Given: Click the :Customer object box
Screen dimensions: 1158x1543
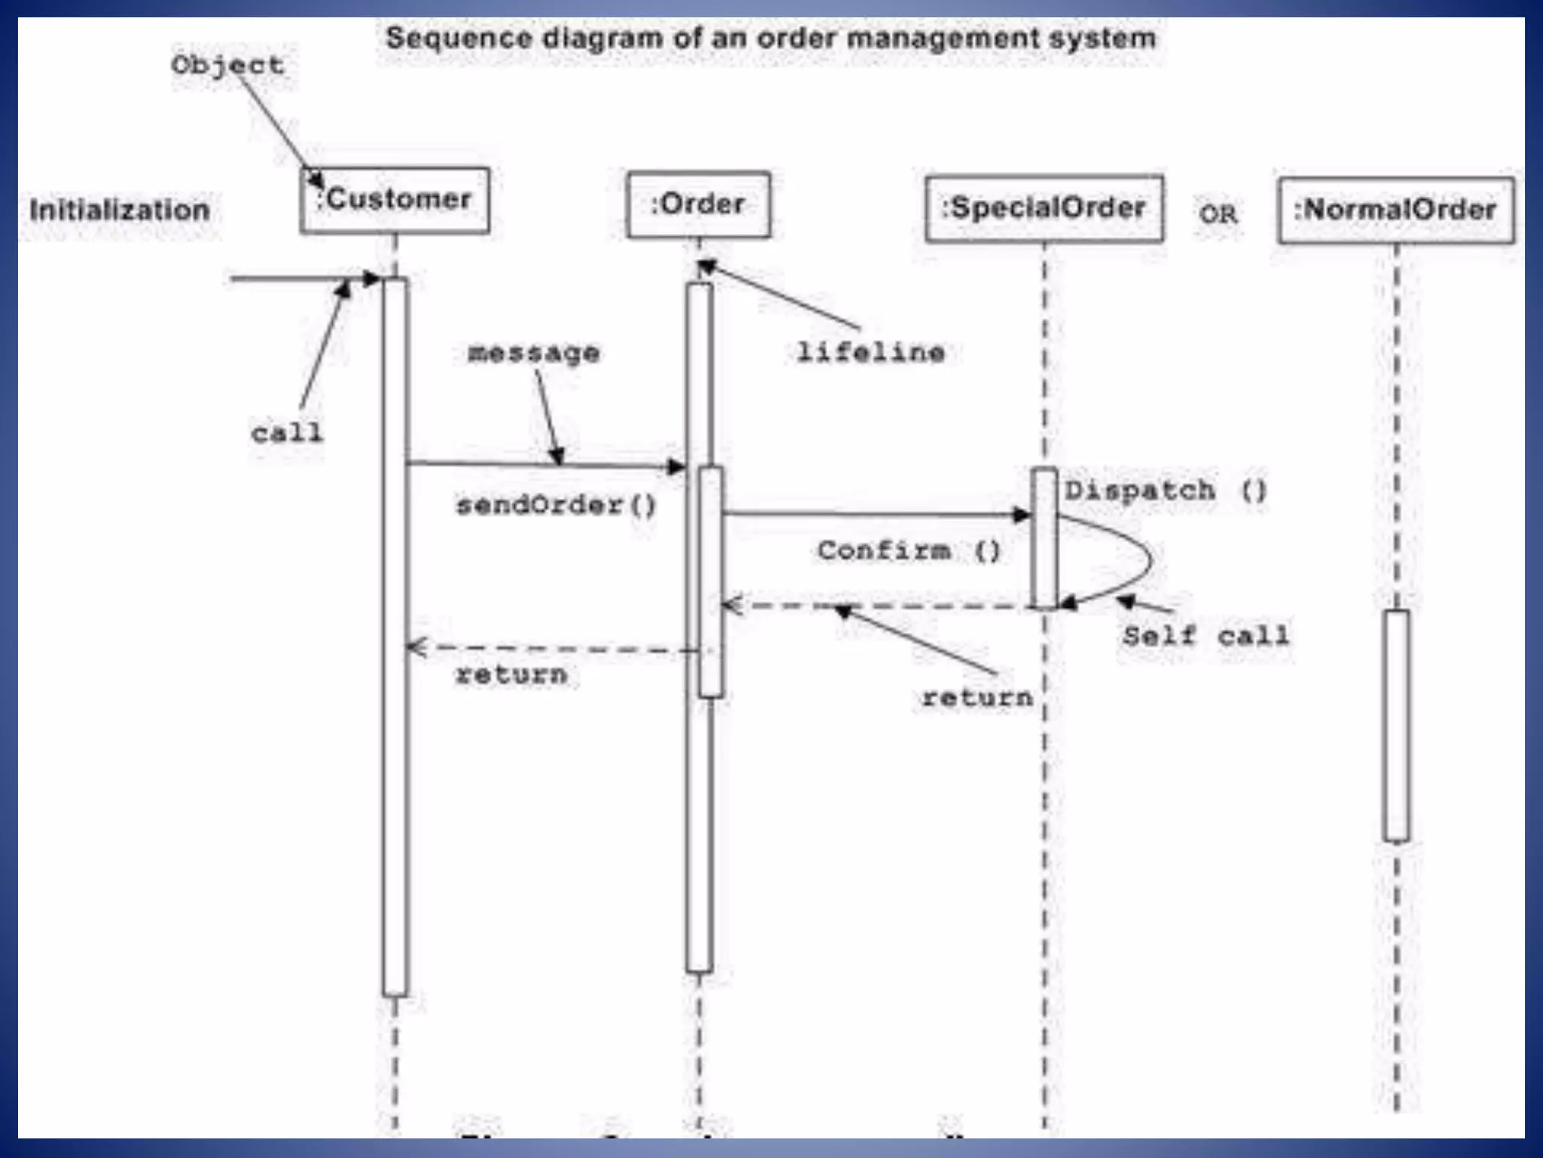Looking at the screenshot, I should click(x=395, y=200).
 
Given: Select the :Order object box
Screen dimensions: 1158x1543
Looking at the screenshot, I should click(x=698, y=204).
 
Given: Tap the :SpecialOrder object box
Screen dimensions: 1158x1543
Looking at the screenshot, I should click(x=1043, y=208).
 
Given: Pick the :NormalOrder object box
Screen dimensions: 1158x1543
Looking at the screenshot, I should click(x=1396, y=210).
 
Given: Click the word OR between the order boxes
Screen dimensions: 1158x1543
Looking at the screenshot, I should click(x=1218, y=214).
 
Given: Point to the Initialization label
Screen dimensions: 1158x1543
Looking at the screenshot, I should click(x=120, y=210).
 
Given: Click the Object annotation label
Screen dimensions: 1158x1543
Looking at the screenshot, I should click(x=228, y=65).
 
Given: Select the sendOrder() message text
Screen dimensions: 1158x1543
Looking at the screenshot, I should click(x=556, y=504).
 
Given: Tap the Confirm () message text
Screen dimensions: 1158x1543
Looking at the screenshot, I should click(x=909, y=551).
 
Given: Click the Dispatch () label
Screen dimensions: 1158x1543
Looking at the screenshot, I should click(x=1166, y=491).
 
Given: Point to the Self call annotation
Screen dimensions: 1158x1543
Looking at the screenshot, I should click(x=1205, y=636).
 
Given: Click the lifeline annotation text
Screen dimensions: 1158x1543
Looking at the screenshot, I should click(x=870, y=352).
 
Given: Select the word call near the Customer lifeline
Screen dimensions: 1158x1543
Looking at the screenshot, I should click(x=286, y=433).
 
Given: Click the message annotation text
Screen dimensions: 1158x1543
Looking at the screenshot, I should click(x=533, y=352).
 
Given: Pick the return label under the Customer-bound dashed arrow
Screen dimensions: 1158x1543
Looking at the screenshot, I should click(x=511, y=674).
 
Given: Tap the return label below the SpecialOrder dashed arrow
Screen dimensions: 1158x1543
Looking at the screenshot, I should click(x=977, y=697).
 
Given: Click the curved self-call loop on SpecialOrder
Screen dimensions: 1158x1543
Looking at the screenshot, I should click(x=1148, y=559).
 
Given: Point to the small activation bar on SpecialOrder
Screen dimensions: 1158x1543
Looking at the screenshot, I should click(x=1043, y=538).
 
